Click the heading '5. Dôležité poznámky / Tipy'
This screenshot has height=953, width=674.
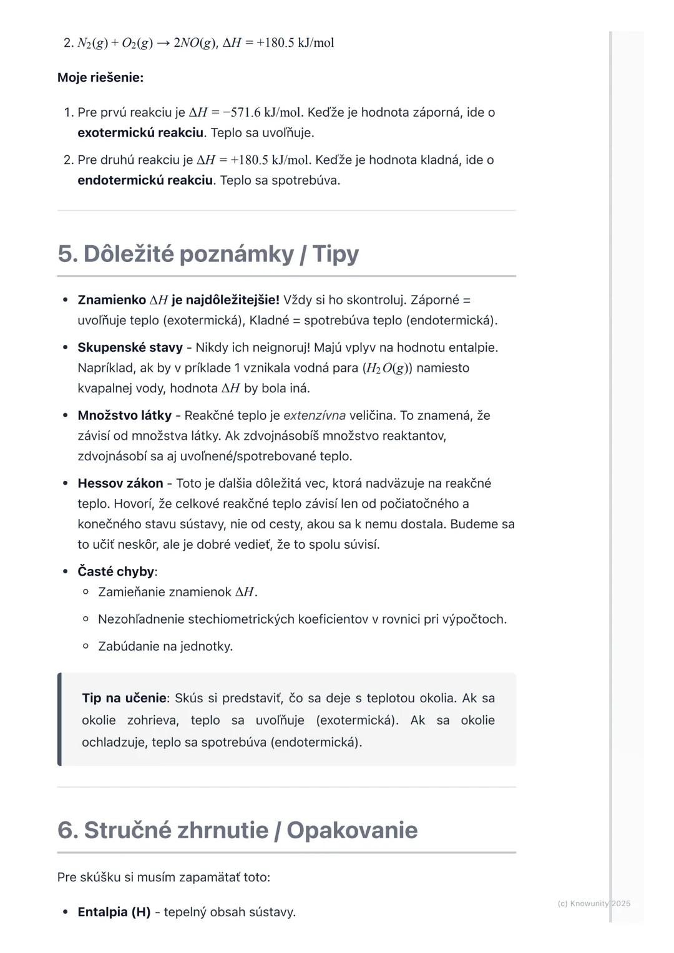(x=208, y=254)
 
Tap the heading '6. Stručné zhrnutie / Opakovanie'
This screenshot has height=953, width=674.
(x=237, y=830)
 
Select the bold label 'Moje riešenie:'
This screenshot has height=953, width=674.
(x=100, y=78)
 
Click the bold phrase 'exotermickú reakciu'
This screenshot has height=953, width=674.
(x=140, y=133)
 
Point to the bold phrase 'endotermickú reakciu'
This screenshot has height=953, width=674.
(x=145, y=180)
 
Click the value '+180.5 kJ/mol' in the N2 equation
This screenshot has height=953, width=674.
(x=295, y=43)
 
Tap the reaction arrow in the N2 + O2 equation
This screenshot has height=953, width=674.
(x=163, y=43)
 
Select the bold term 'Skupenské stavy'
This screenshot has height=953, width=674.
(x=130, y=347)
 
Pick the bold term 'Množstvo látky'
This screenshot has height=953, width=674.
(x=124, y=415)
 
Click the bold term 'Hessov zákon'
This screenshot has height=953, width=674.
(x=120, y=483)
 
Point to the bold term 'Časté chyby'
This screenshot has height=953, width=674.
(x=115, y=571)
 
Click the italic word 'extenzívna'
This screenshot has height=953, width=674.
(x=314, y=415)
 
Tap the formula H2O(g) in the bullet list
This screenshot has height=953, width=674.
(x=388, y=368)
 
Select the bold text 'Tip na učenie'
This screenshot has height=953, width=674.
(x=124, y=698)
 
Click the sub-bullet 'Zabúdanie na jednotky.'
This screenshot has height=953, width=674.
(x=165, y=646)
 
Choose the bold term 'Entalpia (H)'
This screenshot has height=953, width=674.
(x=114, y=912)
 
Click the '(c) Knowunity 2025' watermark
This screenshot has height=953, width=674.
(x=593, y=903)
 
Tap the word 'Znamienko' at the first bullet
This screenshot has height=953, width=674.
(x=112, y=300)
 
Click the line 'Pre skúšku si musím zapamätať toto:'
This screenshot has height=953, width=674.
(x=164, y=877)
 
